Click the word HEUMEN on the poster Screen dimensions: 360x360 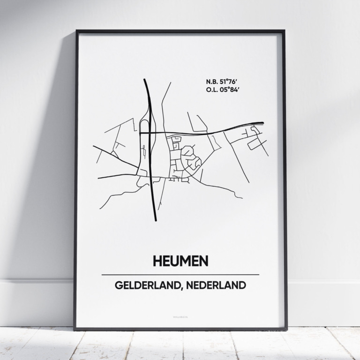click(x=180, y=261)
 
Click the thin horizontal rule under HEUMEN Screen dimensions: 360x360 click(x=180, y=275)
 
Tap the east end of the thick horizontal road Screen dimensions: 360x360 click(x=262, y=123)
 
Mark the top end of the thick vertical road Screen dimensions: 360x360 click(x=144, y=80)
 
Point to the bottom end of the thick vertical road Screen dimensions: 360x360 click(x=156, y=219)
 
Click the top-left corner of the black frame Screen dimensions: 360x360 click(x=76, y=31)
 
